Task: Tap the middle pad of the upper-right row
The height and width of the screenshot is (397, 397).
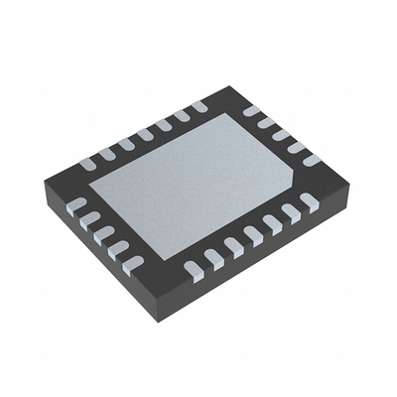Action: click(281, 134)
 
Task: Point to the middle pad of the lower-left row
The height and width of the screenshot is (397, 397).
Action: click(105, 234)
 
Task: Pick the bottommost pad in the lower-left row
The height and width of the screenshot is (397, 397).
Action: click(132, 262)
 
